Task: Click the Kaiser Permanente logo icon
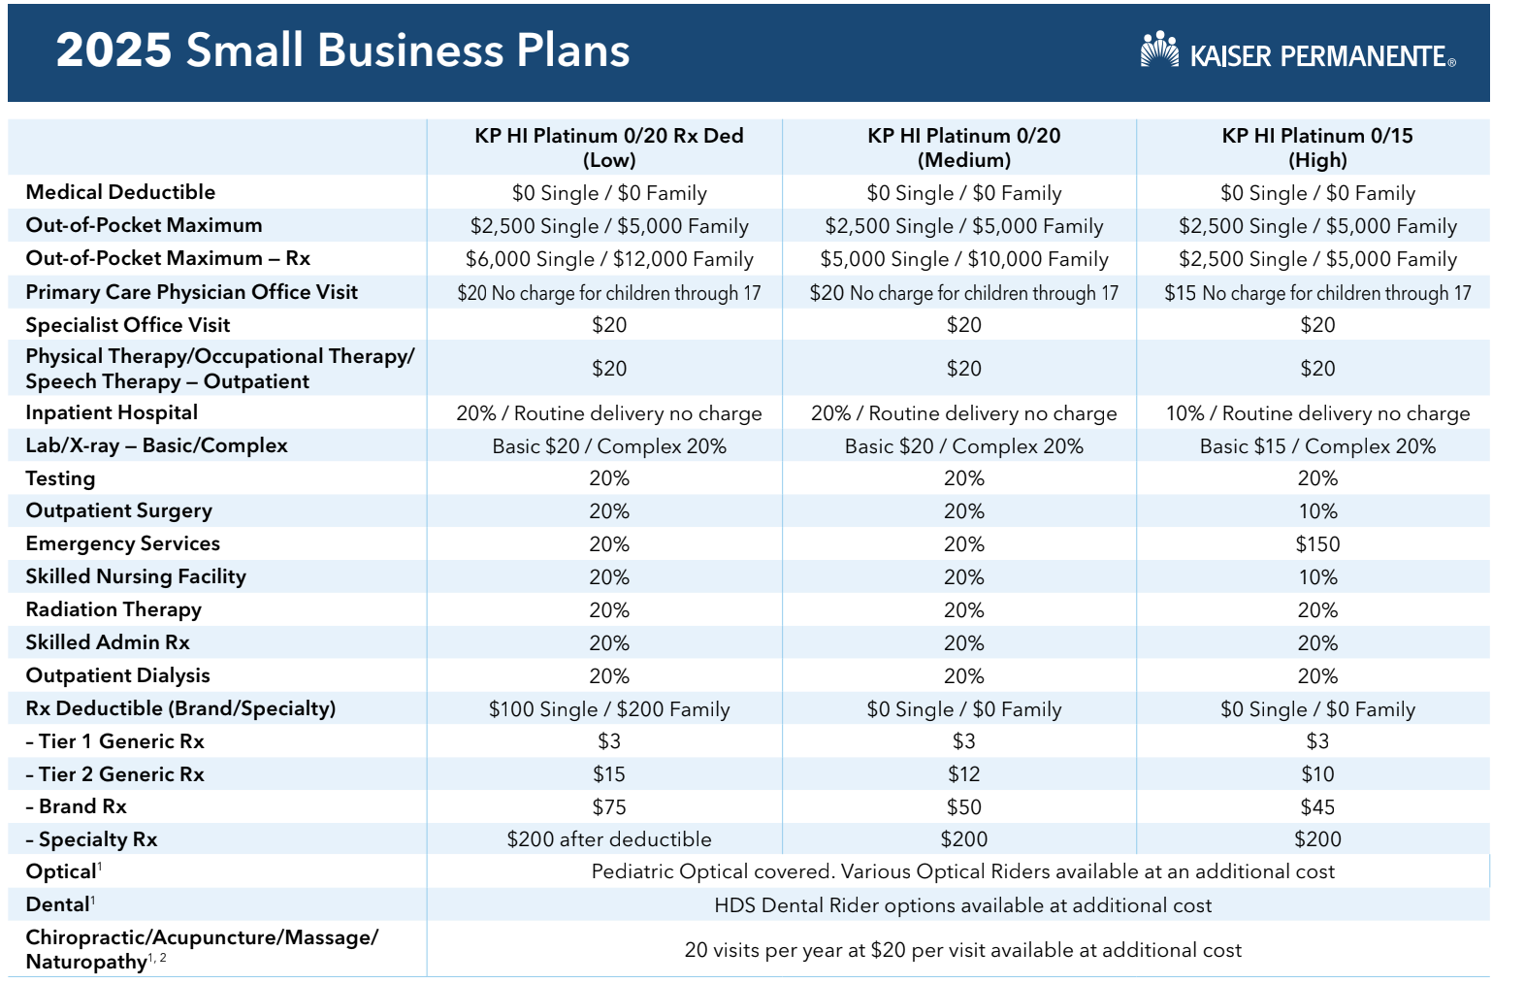(x=1158, y=50)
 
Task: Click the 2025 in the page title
(x=114, y=50)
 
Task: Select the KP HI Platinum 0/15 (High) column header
(x=1316, y=148)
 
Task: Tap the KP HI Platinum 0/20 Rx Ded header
(x=608, y=148)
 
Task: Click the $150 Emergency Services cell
(x=1316, y=544)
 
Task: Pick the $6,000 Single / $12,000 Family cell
(x=608, y=259)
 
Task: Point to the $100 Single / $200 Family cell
(x=608, y=709)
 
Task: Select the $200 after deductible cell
(x=608, y=839)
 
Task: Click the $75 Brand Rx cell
(x=608, y=807)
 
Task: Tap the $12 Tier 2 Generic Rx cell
(x=963, y=774)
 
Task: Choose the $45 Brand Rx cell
(x=1316, y=807)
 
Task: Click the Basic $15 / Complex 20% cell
(x=1316, y=446)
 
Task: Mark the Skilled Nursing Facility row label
(x=136, y=576)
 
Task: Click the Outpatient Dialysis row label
(x=117, y=675)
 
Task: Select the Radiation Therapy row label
(x=114, y=609)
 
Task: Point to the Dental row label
(x=58, y=904)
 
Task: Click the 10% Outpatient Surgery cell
(x=1316, y=511)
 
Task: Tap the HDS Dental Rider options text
(x=962, y=905)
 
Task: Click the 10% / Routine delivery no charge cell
(x=1316, y=413)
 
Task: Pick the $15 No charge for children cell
(x=1316, y=293)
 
